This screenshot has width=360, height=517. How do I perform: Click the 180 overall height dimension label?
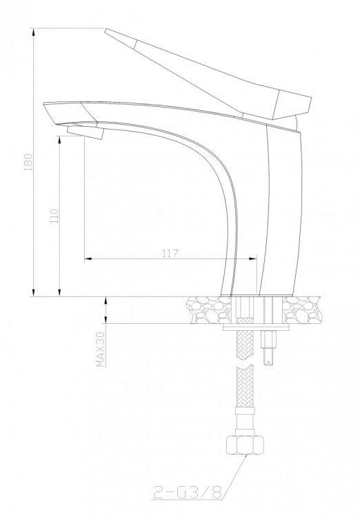coord(28,162)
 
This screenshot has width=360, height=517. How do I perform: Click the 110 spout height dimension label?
coord(54,216)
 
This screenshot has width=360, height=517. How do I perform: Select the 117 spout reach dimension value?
coord(170,253)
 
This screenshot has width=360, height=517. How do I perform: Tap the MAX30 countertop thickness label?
coord(101,349)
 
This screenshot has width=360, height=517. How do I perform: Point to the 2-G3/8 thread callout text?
coord(188,493)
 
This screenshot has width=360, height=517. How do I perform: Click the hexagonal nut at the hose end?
coord(245,445)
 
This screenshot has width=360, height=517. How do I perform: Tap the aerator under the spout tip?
coord(86,132)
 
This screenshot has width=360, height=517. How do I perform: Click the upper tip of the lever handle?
coord(106,30)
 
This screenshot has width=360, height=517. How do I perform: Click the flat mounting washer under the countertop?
coord(256,327)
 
